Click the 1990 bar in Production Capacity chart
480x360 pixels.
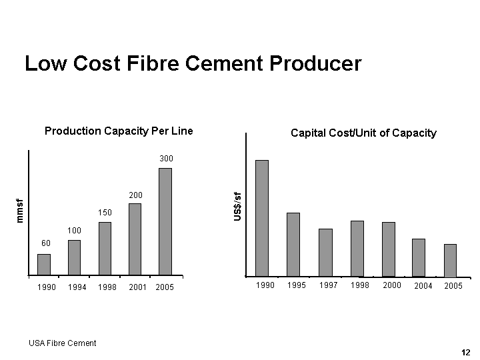pos(44,265)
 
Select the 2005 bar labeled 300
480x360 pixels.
pos(165,221)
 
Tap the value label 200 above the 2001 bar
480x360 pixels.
pos(135,195)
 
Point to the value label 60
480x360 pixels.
pos(46,243)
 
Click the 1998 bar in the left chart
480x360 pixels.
pos(105,249)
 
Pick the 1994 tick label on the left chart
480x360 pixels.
pos(77,287)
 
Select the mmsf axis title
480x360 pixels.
pos(20,211)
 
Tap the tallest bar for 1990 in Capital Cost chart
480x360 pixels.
pos(262,218)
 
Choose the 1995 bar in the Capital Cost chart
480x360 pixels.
pos(293,244)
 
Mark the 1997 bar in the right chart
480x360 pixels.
pos(325,252)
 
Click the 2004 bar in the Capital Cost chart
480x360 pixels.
pos(419,257)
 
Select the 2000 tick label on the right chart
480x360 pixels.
pos(392,285)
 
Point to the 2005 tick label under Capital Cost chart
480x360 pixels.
pos(453,285)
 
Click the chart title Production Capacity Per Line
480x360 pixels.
pos(119,131)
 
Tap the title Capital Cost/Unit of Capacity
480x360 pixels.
pos(363,133)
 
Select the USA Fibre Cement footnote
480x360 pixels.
pos(63,343)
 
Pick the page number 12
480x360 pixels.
pos(465,352)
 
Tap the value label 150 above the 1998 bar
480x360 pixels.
pos(104,212)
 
